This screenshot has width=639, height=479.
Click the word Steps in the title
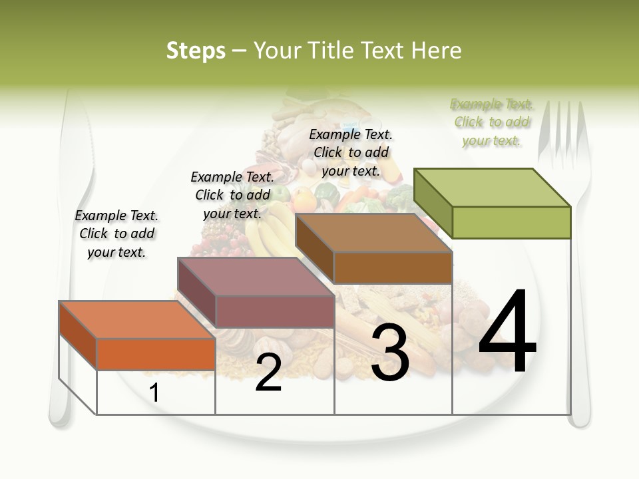(x=195, y=51)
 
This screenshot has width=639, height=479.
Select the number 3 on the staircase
(x=389, y=353)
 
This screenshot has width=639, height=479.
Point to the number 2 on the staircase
(x=268, y=373)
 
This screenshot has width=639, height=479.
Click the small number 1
(x=154, y=393)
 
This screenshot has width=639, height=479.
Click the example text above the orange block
(x=116, y=234)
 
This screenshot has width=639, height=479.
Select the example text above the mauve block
(x=232, y=195)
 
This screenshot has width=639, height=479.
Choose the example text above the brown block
(x=351, y=152)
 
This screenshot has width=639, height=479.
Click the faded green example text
(x=491, y=122)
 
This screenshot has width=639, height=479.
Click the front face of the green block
(x=511, y=222)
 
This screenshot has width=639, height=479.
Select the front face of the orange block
(x=156, y=354)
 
